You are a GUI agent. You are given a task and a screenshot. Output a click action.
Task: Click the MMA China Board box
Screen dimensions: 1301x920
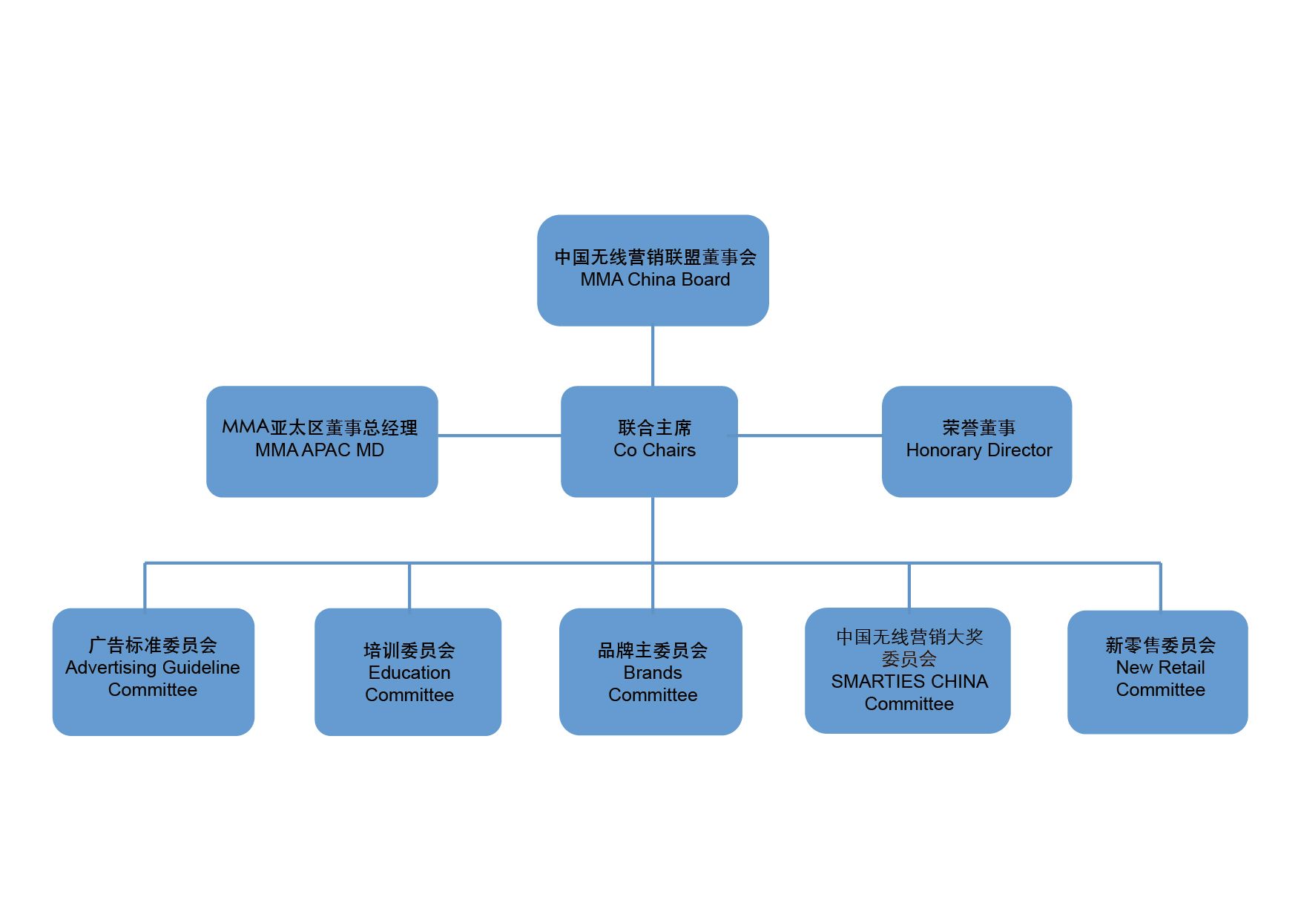click(x=653, y=270)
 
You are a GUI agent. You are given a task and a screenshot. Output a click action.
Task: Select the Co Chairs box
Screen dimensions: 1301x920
click(x=649, y=441)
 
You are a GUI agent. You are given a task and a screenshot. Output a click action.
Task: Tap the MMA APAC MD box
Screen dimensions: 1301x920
click(x=322, y=441)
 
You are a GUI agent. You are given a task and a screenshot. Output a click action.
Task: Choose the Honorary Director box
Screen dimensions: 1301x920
click(x=977, y=441)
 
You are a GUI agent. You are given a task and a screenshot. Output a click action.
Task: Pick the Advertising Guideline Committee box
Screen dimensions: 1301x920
click(x=154, y=671)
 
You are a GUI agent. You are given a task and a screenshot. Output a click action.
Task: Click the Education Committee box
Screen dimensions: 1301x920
click(x=408, y=671)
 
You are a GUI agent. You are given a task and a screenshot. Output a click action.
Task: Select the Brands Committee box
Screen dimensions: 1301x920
click(x=650, y=671)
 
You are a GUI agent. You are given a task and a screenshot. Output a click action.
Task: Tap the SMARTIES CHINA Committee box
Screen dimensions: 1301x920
click(x=908, y=671)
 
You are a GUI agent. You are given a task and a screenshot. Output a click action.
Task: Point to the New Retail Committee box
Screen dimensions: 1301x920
click(x=1158, y=672)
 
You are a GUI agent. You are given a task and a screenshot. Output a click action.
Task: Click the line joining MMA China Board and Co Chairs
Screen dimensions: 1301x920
click(x=653, y=356)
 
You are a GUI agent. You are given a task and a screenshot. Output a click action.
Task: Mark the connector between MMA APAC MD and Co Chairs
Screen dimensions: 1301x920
click(x=499, y=436)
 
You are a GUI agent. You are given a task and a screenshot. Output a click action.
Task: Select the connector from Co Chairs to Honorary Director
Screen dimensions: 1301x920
click(x=810, y=436)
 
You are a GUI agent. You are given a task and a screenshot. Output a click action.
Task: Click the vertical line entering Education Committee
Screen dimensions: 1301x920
click(x=409, y=586)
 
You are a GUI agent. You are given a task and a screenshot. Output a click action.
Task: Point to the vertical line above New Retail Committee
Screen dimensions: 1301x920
click(x=1161, y=587)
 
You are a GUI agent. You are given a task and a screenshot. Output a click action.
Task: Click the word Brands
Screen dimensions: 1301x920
click(x=653, y=672)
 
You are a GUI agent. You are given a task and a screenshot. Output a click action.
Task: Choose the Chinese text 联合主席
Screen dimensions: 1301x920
click(x=655, y=427)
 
